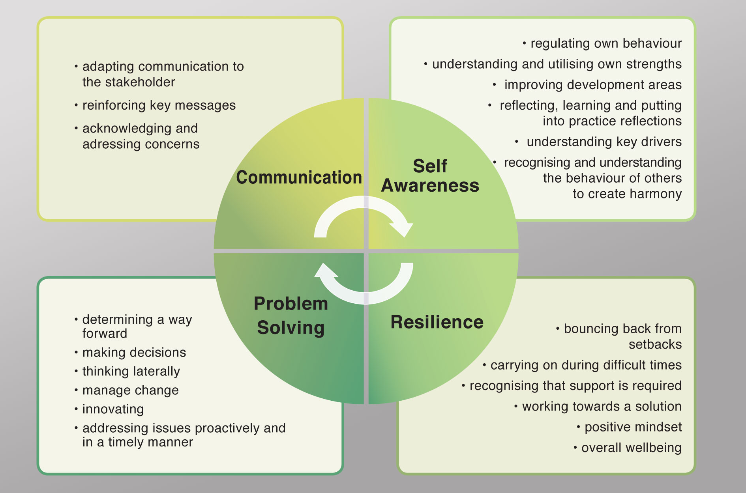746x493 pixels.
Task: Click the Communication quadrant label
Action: click(299, 177)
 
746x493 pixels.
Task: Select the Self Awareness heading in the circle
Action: click(430, 176)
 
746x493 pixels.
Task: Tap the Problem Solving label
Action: click(291, 316)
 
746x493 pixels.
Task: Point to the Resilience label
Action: click(437, 322)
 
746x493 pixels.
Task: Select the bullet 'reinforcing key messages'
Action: click(159, 105)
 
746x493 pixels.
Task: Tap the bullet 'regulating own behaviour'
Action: click(606, 43)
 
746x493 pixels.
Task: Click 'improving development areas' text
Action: click(592, 85)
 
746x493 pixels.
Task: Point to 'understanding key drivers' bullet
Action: click(604, 142)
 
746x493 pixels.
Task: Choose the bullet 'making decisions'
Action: click(134, 352)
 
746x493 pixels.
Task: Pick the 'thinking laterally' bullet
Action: click(131, 371)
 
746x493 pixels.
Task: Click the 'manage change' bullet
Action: click(130, 390)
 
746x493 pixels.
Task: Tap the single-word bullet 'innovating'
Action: click(113, 409)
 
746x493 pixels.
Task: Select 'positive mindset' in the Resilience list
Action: click(633, 427)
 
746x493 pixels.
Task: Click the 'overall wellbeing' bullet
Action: click(631, 448)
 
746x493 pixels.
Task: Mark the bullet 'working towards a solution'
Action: click(602, 406)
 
